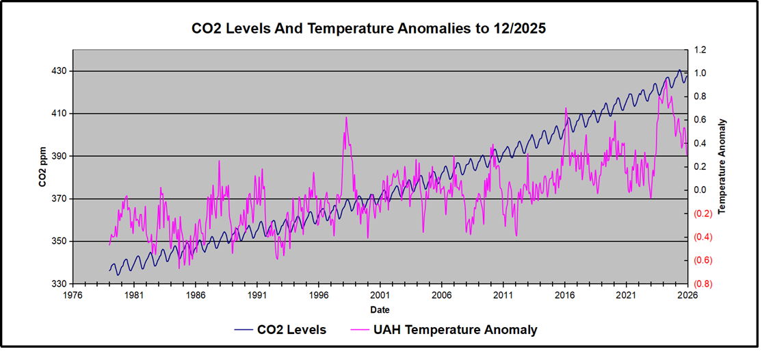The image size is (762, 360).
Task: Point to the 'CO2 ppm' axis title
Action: coord(42,167)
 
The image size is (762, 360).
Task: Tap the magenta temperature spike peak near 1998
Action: coord(346,117)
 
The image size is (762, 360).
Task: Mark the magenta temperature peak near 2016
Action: coord(566,107)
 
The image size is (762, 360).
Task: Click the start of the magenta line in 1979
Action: coord(109,244)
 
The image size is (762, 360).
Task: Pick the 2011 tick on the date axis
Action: coord(503,296)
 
